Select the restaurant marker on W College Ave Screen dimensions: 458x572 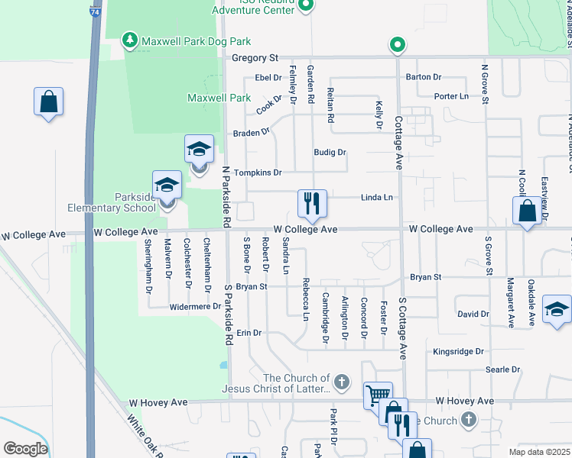click(x=311, y=203)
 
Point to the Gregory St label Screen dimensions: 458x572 click(x=255, y=58)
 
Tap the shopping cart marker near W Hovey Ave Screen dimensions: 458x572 click(x=377, y=395)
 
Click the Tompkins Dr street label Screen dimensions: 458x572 click(x=258, y=173)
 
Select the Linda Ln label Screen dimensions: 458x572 click(x=377, y=198)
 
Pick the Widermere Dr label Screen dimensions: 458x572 click(x=196, y=307)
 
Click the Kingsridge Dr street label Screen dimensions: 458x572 click(x=459, y=352)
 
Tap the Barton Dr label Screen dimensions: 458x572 click(x=424, y=77)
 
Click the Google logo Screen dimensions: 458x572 click(x=25, y=449)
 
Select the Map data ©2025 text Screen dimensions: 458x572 click(x=539, y=452)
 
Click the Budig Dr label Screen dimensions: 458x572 click(x=330, y=153)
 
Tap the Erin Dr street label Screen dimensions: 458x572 click(x=249, y=333)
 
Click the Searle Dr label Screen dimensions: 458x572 click(x=502, y=369)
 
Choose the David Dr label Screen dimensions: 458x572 click(x=473, y=314)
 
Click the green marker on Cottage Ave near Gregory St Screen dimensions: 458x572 click(x=397, y=46)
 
